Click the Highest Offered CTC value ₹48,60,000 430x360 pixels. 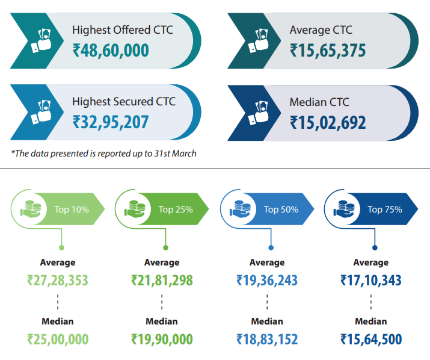111,50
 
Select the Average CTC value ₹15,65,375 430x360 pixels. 328,50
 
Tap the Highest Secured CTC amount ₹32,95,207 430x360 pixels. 111,122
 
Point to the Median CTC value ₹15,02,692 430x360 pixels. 328,122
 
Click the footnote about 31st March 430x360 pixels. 103,154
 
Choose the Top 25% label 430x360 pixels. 176,209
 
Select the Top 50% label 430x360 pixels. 281,209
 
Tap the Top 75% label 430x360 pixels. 385,209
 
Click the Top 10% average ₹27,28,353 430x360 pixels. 58,280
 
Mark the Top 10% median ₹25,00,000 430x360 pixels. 58,339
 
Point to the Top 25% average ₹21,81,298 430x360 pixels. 162,280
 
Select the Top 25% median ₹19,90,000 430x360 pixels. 162,339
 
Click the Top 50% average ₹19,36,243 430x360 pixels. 267,280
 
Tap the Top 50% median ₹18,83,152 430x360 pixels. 267,339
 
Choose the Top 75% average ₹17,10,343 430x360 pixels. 371,280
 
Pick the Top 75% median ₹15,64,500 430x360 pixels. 371,339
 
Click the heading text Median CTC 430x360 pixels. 319,102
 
